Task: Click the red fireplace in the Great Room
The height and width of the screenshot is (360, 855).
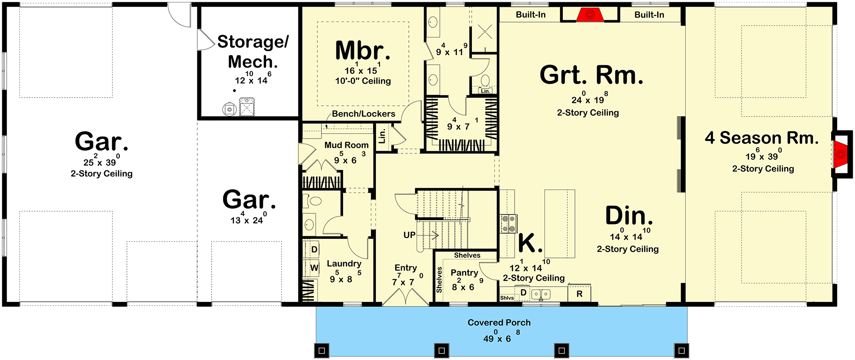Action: pos(590,15)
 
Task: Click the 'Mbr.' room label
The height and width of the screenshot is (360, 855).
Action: pos(363,50)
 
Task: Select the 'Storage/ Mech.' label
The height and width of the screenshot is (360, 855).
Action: pos(253,51)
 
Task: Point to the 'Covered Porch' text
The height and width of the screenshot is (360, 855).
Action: pos(499,323)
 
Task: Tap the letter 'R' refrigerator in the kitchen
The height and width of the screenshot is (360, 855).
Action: pos(579,294)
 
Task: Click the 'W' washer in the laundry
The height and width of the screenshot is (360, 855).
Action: pos(314,268)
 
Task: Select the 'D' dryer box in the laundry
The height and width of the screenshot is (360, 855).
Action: pos(314,249)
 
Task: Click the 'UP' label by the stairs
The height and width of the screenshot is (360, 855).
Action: pos(409,235)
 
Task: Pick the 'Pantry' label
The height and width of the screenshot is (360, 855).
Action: pos(464,273)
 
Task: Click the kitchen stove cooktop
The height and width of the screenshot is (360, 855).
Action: pos(509,224)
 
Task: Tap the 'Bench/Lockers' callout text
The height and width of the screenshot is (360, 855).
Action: pos(363,114)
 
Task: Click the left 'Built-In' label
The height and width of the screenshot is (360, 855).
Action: pos(530,15)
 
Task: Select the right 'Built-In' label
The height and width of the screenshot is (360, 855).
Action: pos(649,15)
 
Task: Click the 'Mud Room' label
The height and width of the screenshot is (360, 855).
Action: pos(346,145)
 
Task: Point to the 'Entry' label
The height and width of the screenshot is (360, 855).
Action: pos(406,268)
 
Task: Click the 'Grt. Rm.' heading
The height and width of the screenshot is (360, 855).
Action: pos(591,75)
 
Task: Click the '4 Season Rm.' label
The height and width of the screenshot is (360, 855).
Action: pos(762,138)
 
